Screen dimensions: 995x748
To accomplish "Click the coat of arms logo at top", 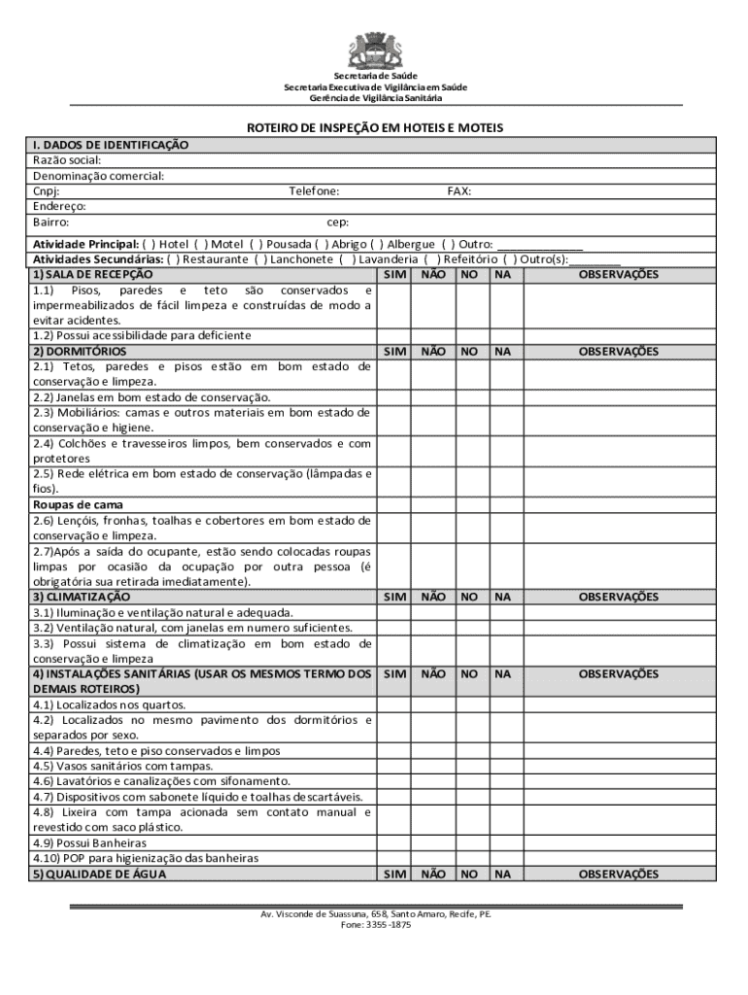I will click(x=373, y=50).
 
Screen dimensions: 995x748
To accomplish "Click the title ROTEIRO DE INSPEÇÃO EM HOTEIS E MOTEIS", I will click(x=373, y=128).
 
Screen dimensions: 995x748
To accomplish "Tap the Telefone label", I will click(x=314, y=191).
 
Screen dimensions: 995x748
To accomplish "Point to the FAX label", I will click(x=459, y=191).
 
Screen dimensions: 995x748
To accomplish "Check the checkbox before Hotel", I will click(x=150, y=244).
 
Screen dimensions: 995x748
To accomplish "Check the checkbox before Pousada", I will click(x=256, y=244).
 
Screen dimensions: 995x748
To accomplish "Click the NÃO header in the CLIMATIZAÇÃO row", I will click(x=432, y=597).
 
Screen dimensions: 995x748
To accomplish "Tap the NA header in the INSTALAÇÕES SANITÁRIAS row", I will click(x=502, y=673).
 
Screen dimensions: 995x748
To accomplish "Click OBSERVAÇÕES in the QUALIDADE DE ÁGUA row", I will click(x=619, y=874).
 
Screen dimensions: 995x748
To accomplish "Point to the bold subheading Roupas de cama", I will click(x=78, y=505).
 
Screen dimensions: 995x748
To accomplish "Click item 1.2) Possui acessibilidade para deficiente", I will click(x=142, y=335).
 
